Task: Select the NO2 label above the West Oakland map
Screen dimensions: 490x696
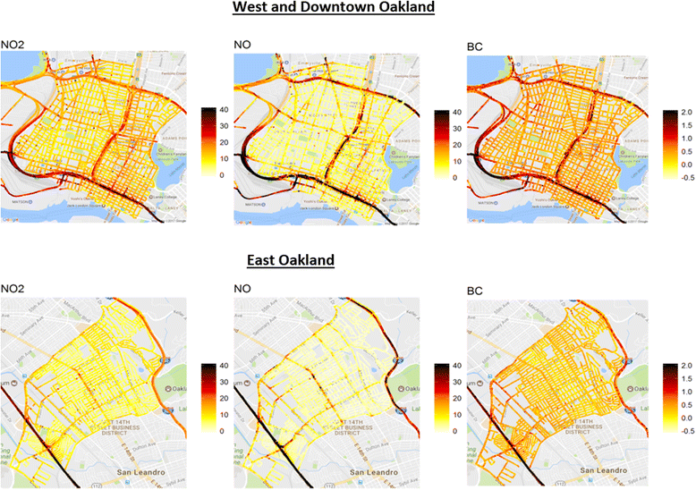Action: pyautogui.click(x=13, y=43)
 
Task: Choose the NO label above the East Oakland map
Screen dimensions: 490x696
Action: pyautogui.click(x=242, y=289)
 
